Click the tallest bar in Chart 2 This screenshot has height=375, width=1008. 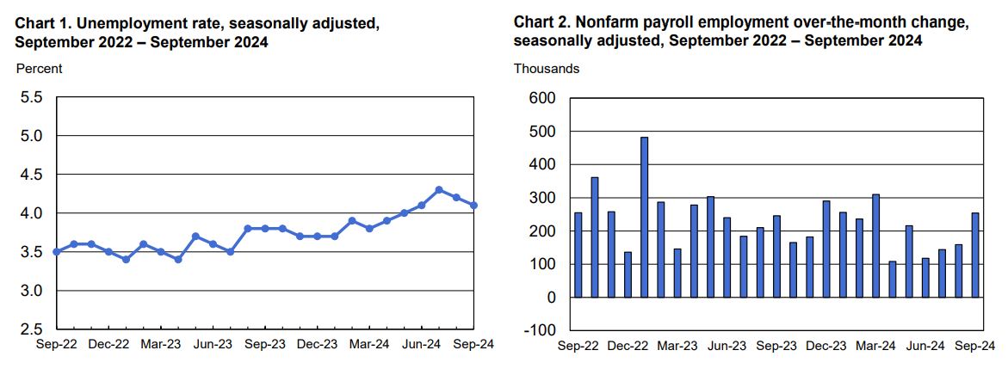(x=644, y=217)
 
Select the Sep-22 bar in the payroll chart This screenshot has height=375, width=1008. (x=578, y=255)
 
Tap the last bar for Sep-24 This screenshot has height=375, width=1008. (x=975, y=255)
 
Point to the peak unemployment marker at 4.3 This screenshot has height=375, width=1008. (x=439, y=189)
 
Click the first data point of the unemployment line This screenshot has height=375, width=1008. (x=57, y=252)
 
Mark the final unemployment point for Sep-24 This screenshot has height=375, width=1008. (x=473, y=205)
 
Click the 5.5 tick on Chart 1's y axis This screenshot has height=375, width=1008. (x=32, y=97)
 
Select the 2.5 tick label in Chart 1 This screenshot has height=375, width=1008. (x=32, y=329)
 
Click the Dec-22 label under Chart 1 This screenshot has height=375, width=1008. (x=109, y=344)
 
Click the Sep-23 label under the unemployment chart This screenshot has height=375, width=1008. (x=265, y=344)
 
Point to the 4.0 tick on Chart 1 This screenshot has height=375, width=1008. (x=32, y=213)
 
